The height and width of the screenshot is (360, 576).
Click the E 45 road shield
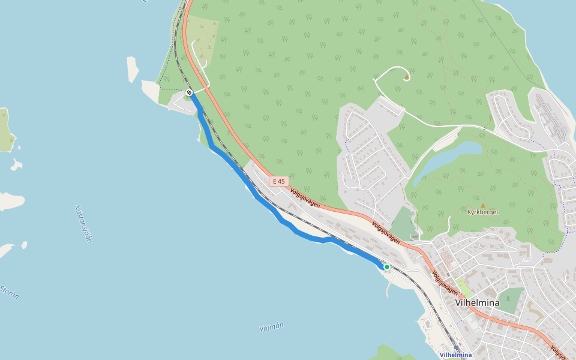[279, 181]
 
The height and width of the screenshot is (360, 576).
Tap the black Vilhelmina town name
[477, 303]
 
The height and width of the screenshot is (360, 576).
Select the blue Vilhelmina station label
[455, 355]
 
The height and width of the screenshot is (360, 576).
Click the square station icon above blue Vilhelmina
[456, 347]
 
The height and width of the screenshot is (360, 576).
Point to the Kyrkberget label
[482, 212]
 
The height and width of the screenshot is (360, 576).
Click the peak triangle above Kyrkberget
[482, 205]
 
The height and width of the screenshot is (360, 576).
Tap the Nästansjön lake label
[83, 223]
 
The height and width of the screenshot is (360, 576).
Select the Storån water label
[9, 292]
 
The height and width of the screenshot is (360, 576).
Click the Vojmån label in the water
[271, 327]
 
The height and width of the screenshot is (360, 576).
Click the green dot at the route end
[387, 267]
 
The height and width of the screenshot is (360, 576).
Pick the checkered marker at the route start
[189, 92]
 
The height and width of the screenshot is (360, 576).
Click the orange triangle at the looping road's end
[407, 77]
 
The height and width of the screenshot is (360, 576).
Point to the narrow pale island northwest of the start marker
[133, 69]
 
